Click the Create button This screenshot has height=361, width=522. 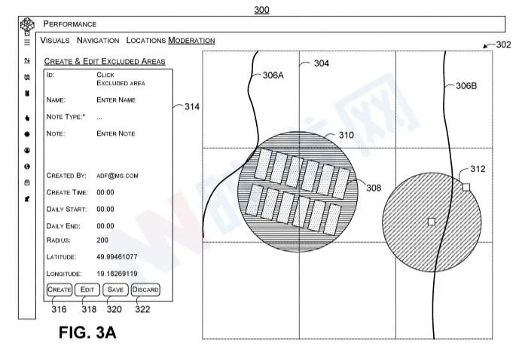60,289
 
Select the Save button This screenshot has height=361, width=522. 115,289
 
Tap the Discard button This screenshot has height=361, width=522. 145,289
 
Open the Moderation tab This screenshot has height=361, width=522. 191,40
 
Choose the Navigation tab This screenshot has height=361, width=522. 98,40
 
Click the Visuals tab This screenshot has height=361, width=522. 55,40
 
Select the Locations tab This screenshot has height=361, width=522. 146,40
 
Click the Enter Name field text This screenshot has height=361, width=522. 116,100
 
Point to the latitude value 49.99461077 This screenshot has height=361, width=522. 117,257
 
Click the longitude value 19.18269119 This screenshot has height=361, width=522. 117,274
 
